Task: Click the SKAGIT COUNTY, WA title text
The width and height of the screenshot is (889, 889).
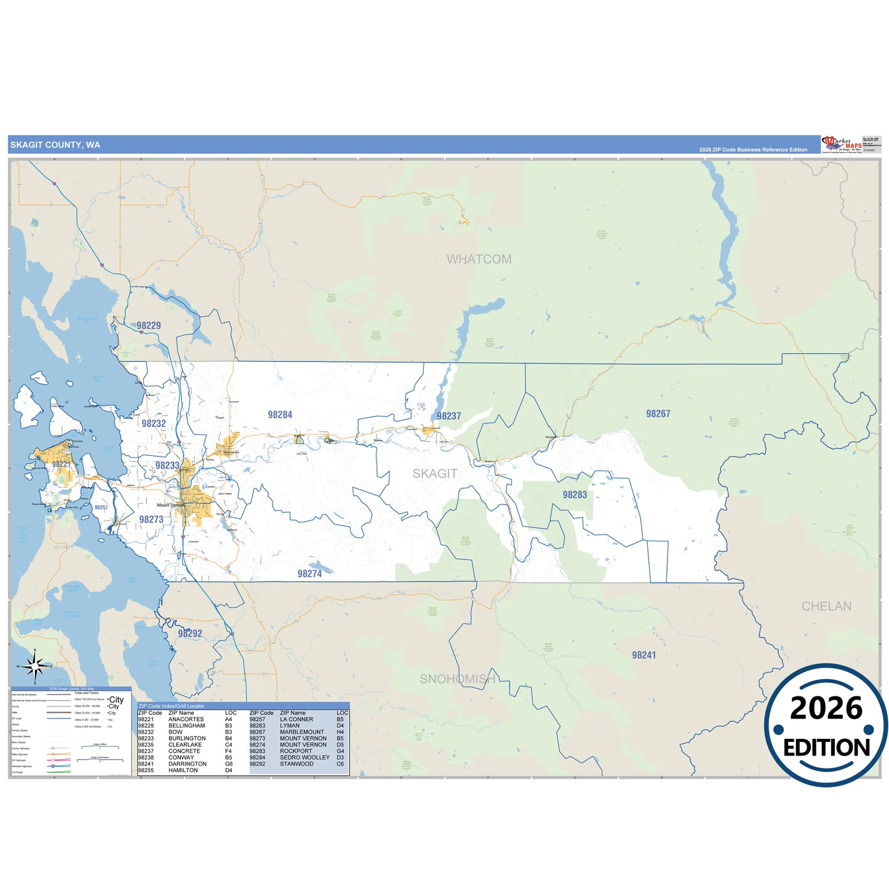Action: coord(55,145)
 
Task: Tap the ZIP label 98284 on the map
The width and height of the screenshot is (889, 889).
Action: coord(280,415)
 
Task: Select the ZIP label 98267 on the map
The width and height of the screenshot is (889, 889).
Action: coord(658,414)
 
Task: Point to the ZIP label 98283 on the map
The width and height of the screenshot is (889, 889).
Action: coord(575,495)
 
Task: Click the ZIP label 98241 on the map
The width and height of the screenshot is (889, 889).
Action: coord(644,655)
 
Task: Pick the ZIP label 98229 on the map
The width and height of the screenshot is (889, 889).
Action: coord(149,326)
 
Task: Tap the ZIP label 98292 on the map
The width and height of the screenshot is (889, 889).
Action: coord(190,634)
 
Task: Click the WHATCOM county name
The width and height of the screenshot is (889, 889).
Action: coord(479,260)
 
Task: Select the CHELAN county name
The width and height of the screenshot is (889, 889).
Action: coord(826,607)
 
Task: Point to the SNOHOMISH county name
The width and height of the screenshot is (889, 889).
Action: coord(457,679)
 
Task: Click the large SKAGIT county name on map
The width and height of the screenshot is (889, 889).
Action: coord(435,474)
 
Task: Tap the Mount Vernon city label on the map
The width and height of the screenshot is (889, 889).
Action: coord(170,505)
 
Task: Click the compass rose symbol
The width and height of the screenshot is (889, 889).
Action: coord(35,666)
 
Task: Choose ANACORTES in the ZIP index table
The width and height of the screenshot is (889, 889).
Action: coord(186,719)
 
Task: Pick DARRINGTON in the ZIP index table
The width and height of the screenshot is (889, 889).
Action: coord(187,764)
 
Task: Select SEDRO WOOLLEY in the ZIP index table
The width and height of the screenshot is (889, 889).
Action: coord(305,757)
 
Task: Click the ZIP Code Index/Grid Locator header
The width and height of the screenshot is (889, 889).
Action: coord(172,706)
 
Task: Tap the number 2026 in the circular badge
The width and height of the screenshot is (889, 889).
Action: coord(826,709)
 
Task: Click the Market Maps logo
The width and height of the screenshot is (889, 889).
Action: coord(841,145)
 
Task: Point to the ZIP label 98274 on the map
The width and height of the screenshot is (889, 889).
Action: coord(309,574)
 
